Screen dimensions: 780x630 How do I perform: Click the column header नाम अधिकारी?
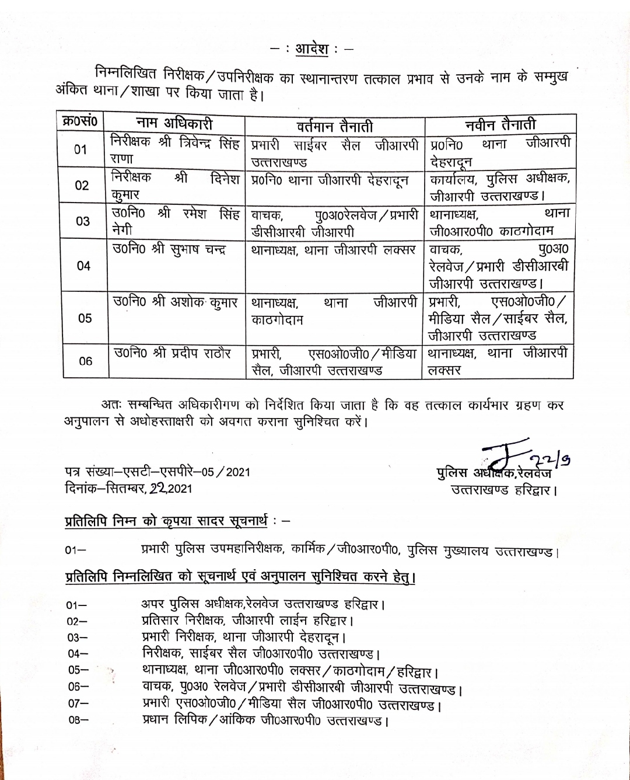[x=174, y=123]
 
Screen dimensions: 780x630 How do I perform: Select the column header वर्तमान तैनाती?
[x=334, y=126]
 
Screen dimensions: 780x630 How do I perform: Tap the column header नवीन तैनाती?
[x=500, y=125]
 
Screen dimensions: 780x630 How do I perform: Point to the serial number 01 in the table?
[x=80, y=149]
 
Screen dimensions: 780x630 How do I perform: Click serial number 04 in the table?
[x=83, y=266]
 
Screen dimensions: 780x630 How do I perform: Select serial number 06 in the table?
[x=85, y=361]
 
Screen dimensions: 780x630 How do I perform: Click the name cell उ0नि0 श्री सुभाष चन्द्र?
[x=169, y=250]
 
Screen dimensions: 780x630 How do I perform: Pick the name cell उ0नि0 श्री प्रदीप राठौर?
[x=172, y=353]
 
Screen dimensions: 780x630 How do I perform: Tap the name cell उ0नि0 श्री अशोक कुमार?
[x=175, y=302]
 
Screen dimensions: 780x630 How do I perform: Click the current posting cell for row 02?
[x=330, y=181]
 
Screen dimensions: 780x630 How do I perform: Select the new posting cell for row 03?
[x=499, y=222]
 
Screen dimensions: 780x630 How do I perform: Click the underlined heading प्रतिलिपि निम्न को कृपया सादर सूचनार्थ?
[x=166, y=520]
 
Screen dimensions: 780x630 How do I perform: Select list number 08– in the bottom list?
[x=78, y=720]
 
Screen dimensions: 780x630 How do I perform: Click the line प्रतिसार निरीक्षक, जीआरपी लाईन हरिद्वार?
[x=247, y=621]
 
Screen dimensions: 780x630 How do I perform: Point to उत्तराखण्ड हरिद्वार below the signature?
[x=503, y=490]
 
